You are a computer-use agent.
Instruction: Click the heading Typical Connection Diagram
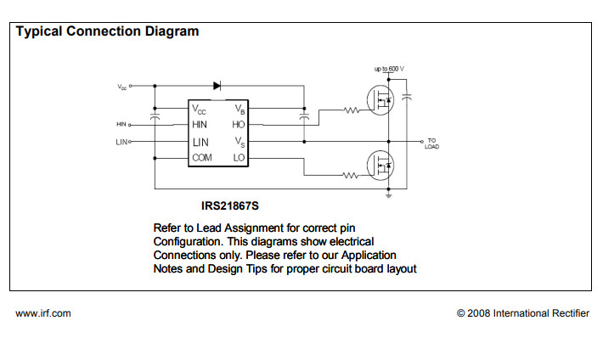click(108, 31)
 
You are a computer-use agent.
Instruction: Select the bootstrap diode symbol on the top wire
click(218, 86)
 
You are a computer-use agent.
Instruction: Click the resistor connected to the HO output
click(352, 110)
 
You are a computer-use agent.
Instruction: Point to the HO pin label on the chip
click(239, 125)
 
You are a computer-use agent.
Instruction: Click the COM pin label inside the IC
click(202, 158)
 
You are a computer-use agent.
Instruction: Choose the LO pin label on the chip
click(239, 158)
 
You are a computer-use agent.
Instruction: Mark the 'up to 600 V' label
click(389, 68)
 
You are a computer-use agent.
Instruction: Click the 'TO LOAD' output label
click(431, 143)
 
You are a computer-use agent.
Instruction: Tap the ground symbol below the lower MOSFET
click(388, 196)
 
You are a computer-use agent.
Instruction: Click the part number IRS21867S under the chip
click(229, 205)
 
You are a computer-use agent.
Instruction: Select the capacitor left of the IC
click(155, 116)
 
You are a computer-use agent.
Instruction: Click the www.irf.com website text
click(43, 313)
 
